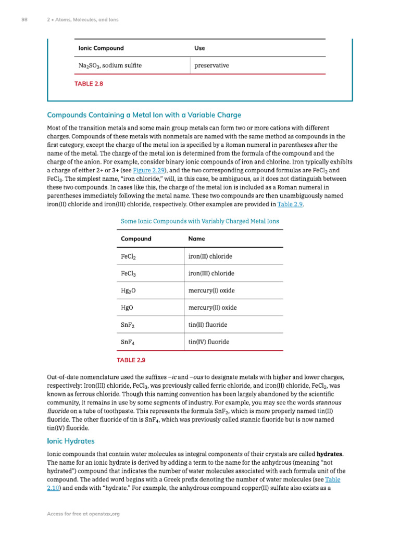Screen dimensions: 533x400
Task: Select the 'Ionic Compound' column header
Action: (x=101, y=48)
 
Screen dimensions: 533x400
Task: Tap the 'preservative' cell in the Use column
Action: (x=211, y=66)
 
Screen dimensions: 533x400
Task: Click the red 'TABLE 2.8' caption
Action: (x=89, y=83)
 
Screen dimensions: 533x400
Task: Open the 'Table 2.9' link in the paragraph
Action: (x=290, y=204)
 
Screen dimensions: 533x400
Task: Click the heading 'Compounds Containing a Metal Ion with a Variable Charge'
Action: (x=144, y=115)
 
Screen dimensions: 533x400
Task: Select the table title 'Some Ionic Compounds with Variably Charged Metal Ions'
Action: (x=199, y=221)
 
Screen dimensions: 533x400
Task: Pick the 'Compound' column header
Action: (x=136, y=239)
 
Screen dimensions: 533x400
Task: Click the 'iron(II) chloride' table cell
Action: (x=210, y=257)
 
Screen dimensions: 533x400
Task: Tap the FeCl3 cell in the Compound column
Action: (x=129, y=274)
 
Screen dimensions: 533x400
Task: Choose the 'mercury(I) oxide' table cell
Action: (x=211, y=290)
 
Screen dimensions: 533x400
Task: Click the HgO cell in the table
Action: (x=128, y=308)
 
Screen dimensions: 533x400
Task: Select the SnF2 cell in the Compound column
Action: (x=129, y=325)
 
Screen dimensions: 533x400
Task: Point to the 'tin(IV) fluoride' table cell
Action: (x=208, y=342)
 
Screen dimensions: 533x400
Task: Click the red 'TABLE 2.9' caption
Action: (x=131, y=360)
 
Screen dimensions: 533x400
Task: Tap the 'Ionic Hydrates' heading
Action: (x=71, y=441)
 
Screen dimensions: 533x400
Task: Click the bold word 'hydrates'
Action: (x=318, y=454)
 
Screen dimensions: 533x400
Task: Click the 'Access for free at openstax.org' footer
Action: (x=83, y=514)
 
